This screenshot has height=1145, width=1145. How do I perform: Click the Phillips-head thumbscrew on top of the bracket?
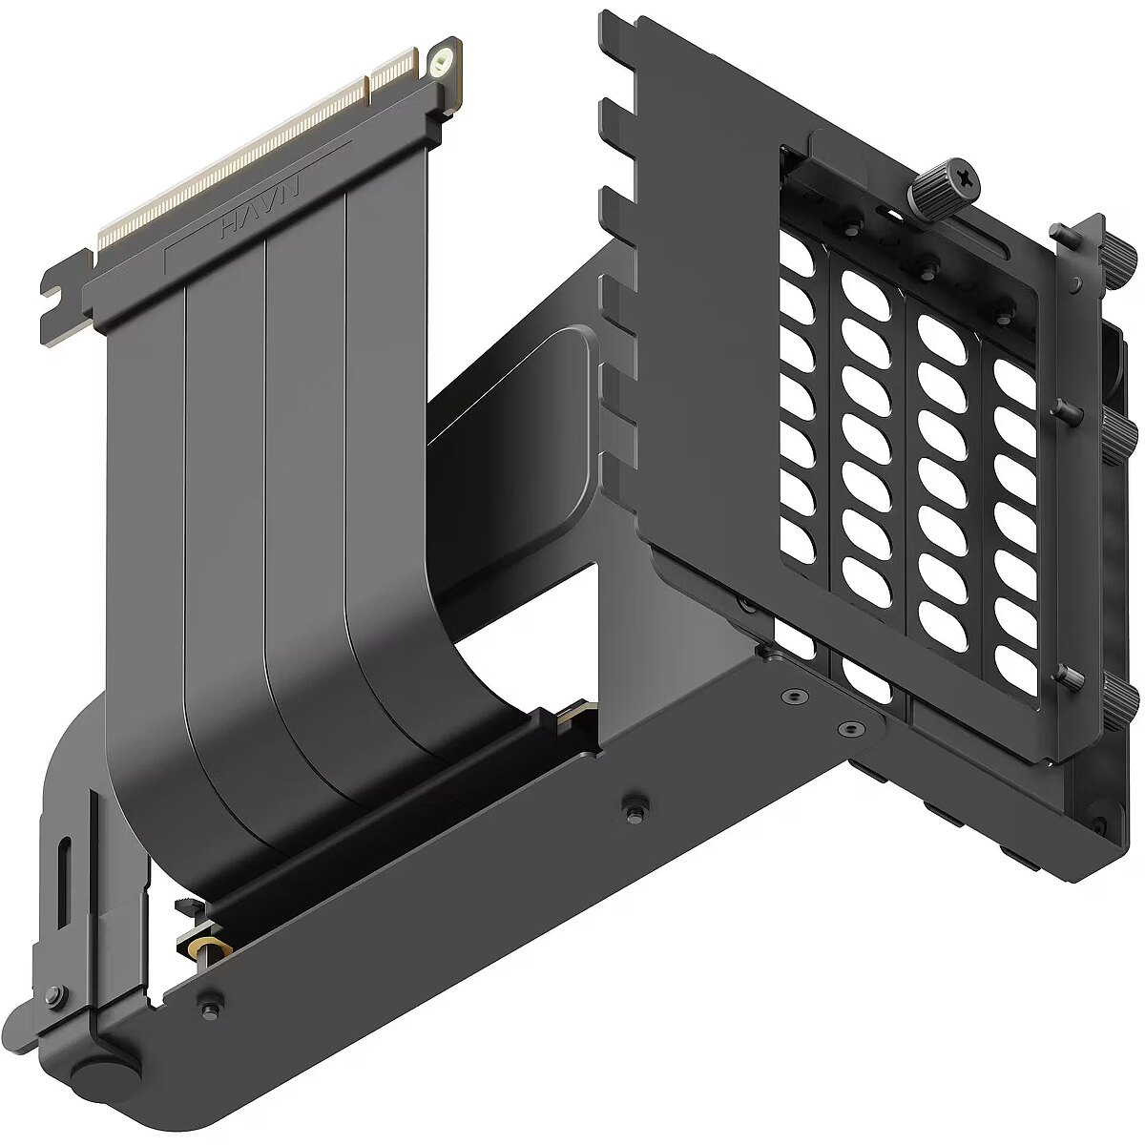[944, 180]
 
